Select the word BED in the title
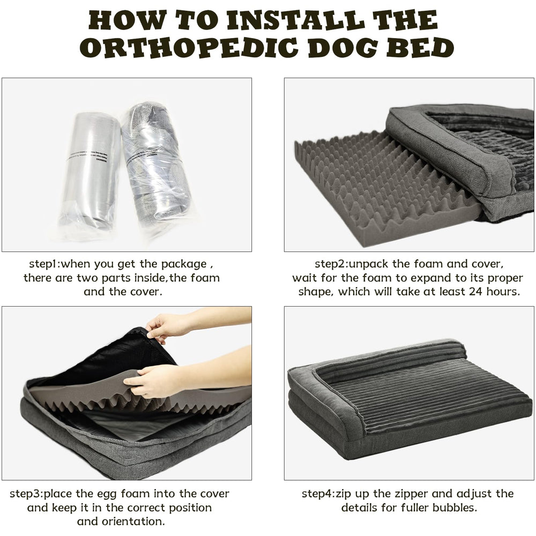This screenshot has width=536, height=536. [x=413, y=48]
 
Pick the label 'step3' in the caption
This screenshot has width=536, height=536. [x=28, y=494]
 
